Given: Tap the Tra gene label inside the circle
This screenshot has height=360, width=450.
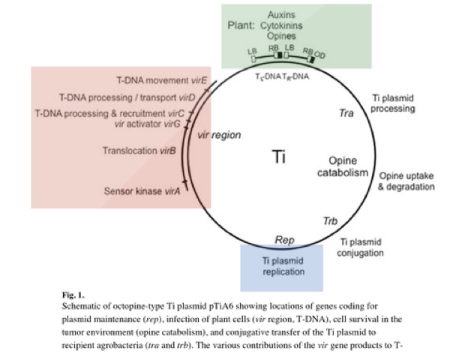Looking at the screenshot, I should click(x=346, y=113).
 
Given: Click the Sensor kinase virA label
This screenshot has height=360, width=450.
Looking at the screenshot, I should click(x=142, y=192).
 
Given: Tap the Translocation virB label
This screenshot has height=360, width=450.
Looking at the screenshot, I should click(x=139, y=151).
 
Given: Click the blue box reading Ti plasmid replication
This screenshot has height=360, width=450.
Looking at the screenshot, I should click(x=282, y=267).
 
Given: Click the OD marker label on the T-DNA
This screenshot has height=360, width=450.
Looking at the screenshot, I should click(x=320, y=53).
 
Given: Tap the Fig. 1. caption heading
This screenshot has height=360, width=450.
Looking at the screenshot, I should click(x=73, y=295).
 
